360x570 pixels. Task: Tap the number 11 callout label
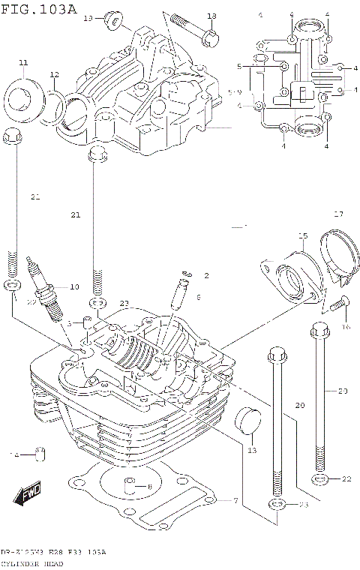(22, 61)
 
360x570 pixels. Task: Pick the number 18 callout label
(211, 16)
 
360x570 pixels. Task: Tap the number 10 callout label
(73, 287)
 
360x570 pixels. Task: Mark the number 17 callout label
(337, 214)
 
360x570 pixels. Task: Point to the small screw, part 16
(337, 303)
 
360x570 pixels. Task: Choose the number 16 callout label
(346, 327)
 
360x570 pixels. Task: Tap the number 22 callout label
(346, 479)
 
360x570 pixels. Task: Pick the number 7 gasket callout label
(234, 500)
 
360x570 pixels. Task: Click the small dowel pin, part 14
(41, 454)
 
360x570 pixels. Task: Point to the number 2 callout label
(205, 276)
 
